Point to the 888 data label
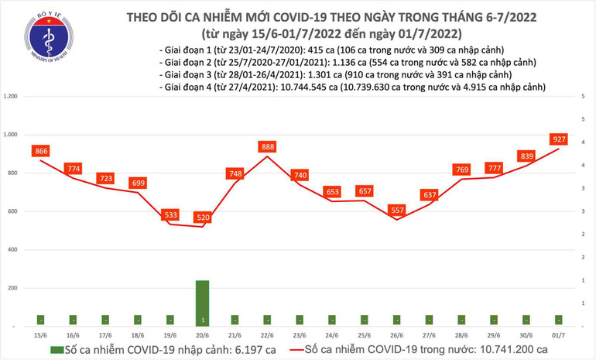point(269,146)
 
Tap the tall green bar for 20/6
point(202,302)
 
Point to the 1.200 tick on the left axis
point(11,97)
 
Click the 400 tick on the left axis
point(12,250)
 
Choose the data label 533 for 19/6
point(171,214)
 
